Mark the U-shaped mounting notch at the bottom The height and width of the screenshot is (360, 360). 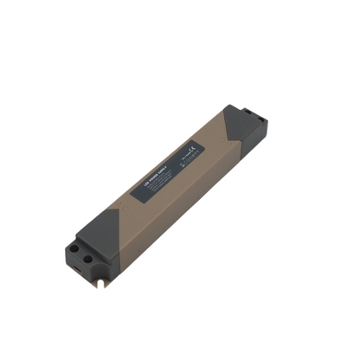(106, 279)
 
